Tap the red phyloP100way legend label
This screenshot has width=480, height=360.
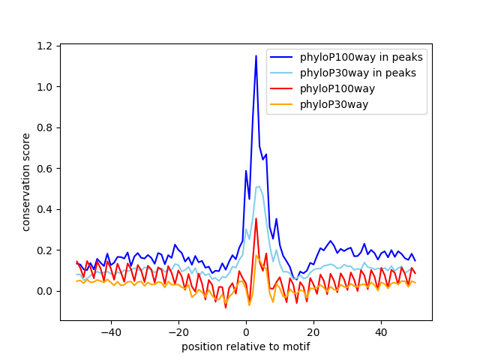coord(337,88)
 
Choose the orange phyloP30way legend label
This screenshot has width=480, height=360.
coord(334,104)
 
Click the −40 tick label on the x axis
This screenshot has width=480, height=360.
coord(110,331)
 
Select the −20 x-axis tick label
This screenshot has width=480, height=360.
coord(178,331)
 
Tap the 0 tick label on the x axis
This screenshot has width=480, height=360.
coord(246,331)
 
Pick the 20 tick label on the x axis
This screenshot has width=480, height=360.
coord(313,331)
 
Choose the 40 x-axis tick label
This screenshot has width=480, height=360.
coord(381,331)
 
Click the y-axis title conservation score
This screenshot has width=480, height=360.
coord(26,181)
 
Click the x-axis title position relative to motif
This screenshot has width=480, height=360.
coord(246,346)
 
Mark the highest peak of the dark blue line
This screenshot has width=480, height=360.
coord(256,55)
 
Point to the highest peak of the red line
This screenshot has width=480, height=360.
coord(256,219)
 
